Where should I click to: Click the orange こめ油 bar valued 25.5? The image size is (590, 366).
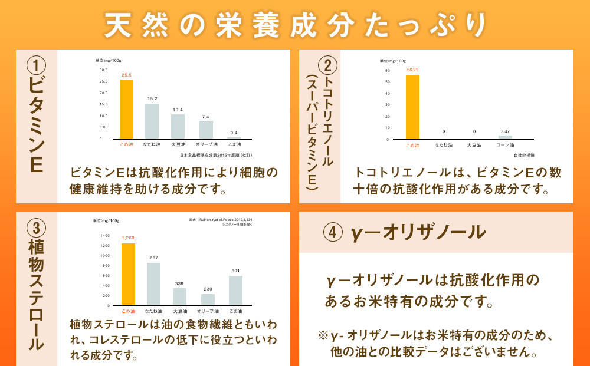pyautogui.click(x=126, y=109)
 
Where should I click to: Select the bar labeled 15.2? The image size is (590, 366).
pyautogui.click(x=152, y=121)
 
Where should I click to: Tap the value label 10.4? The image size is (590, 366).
pyautogui.click(x=178, y=110)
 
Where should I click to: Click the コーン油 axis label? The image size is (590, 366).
pyautogui.click(x=505, y=145)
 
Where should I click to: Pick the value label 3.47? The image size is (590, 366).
pyautogui.click(x=505, y=131)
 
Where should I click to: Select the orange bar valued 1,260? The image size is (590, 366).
pyautogui.click(x=128, y=274)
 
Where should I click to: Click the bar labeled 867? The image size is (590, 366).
pyautogui.click(x=153, y=284)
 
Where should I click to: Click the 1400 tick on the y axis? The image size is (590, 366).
pyautogui.click(x=104, y=235)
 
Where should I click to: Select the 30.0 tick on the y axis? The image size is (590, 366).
pyautogui.click(x=103, y=70)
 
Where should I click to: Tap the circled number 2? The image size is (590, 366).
pyautogui.click(x=329, y=64)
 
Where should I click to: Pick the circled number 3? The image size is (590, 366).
pyautogui.click(x=37, y=226)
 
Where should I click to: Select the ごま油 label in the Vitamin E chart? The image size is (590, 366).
pyautogui.click(x=235, y=144)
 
